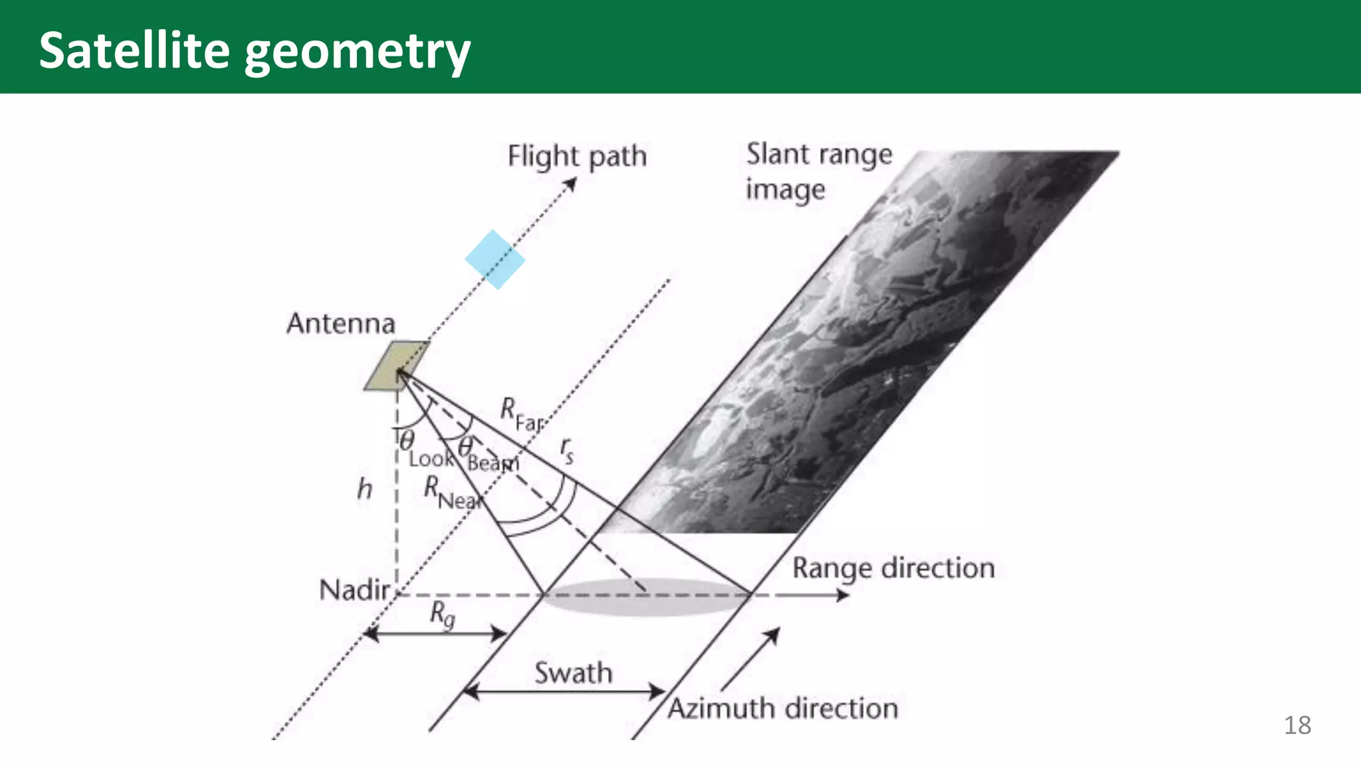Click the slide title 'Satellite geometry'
point(255,51)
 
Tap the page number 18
point(1297,725)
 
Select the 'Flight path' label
point(577,157)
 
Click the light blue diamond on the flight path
point(495,259)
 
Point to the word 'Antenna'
point(341,324)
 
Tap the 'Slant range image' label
point(818,171)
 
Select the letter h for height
point(365,489)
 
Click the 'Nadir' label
point(354,590)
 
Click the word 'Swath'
point(573,673)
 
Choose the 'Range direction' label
point(893,569)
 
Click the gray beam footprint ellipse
point(645,596)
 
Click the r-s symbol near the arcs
point(567,450)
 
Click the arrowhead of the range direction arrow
point(843,595)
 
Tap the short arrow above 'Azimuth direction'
point(750,658)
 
